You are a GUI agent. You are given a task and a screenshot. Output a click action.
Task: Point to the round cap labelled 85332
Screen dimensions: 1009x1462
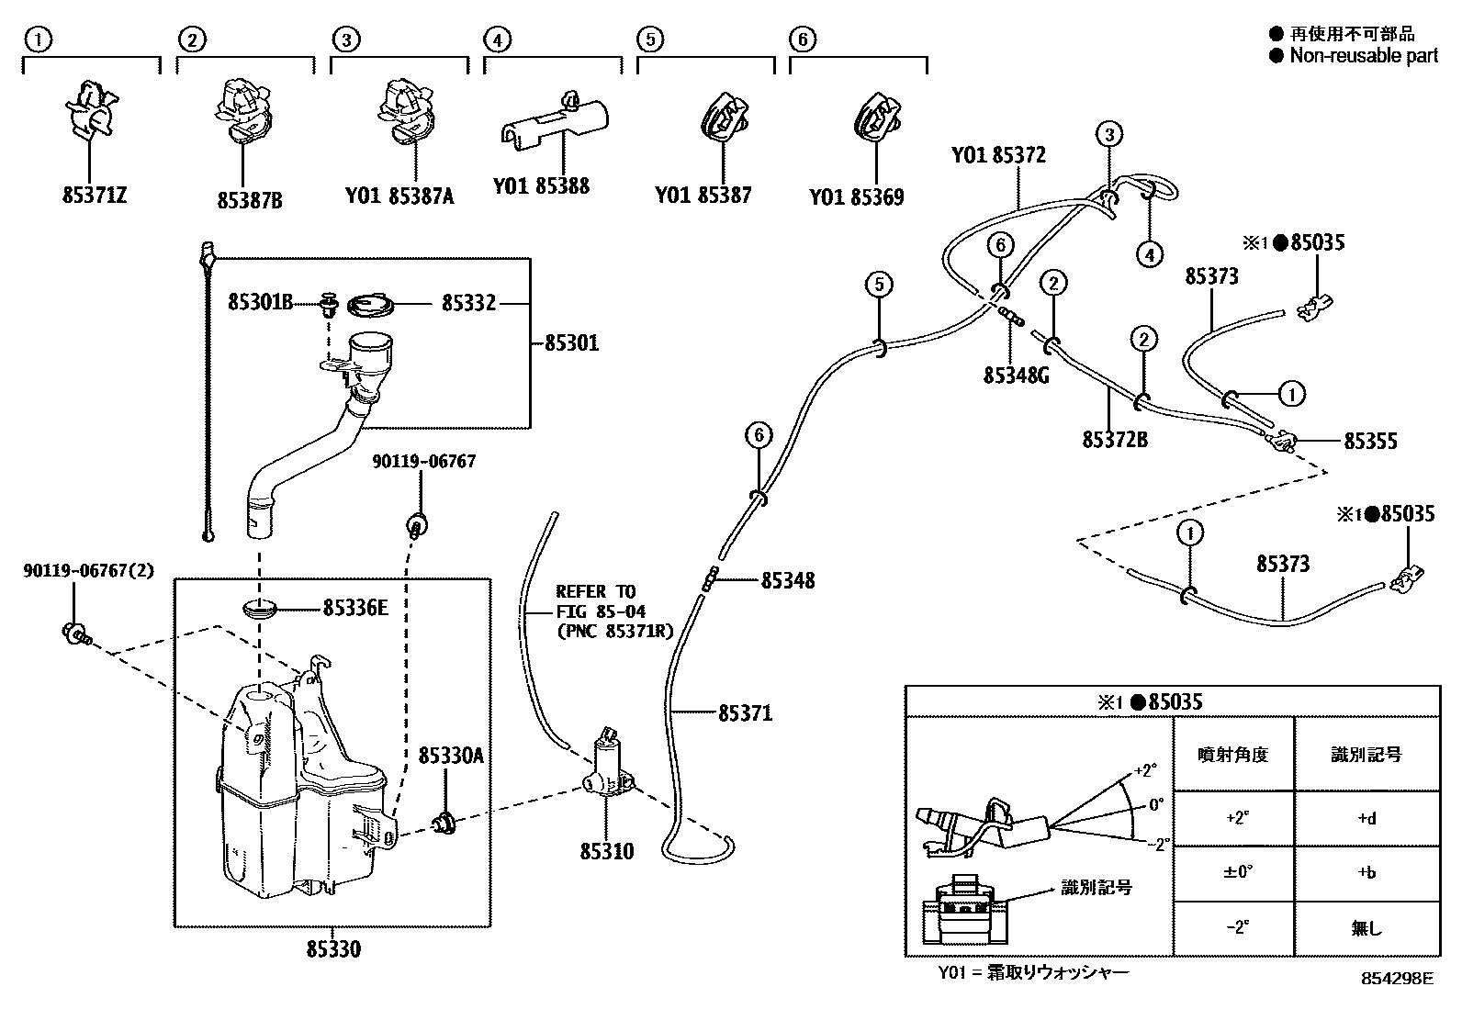click(x=371, y=303)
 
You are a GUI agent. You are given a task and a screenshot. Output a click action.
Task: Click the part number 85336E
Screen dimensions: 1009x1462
click(x=354, y=608)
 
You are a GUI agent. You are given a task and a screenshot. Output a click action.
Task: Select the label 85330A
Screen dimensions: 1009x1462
click(x=450, y=756)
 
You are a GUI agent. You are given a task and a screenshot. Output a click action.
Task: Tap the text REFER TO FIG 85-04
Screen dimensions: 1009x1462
click(x=601, y=600)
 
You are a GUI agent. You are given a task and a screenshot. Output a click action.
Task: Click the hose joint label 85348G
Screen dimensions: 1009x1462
click(x=1016, y=375)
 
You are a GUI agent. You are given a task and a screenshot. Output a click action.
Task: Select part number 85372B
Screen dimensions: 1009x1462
click(x=1114, y=440)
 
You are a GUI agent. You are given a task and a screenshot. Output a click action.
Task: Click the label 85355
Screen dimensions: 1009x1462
click(x=1370, y=442)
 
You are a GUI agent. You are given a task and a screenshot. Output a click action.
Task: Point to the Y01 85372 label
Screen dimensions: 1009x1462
click(x=998, y=156)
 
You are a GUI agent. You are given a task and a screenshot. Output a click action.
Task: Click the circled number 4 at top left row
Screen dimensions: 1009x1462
click(x=496, y=39)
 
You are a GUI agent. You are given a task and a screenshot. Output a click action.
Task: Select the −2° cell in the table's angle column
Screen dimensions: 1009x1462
click(x=1236, y=927)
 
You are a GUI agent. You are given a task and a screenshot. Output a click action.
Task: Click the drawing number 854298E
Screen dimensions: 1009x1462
click(x=1397, y=979)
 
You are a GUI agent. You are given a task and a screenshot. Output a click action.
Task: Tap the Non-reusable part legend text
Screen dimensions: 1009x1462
click(x=1363, y=55)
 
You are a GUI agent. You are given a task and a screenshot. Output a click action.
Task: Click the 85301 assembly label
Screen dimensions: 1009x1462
click(x=571, y=343)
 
